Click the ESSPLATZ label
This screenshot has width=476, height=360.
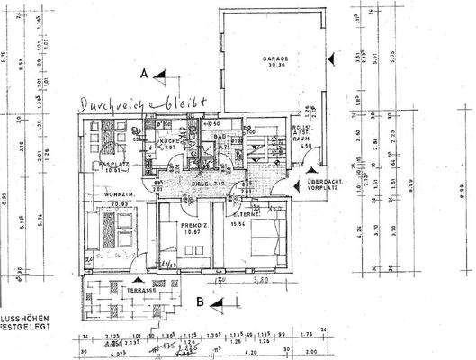click(108, 165)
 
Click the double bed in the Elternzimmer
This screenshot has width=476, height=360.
click(265, 241)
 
